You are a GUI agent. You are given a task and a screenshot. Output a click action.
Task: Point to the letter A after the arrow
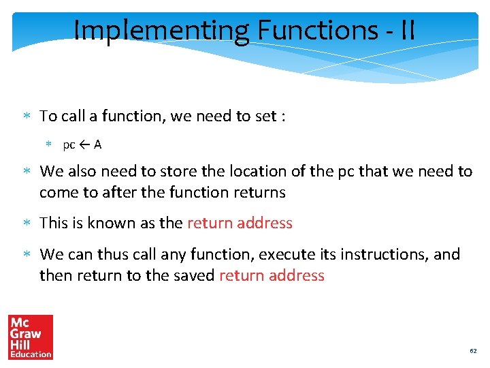click(98, 144)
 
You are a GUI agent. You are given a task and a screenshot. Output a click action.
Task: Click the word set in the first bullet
click(263, 116)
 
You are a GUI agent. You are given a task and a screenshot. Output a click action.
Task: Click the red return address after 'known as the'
click(240, 223)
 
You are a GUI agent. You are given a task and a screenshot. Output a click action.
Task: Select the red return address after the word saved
click(272, 275)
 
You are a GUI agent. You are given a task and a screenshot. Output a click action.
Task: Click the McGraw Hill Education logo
click(30, 337)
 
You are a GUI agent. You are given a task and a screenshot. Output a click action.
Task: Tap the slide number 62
click(473, 351)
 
